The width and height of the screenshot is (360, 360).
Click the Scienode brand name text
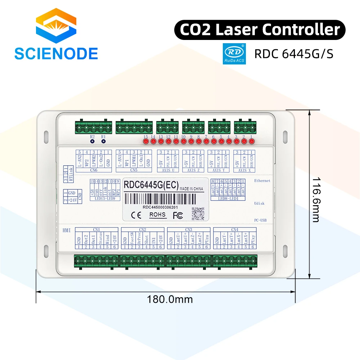[x=56, y=53]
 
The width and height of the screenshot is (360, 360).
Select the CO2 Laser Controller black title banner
[x=260, y=30]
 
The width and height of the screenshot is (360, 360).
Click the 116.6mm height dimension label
[x=316, y=199]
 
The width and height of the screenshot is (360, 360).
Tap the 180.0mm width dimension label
[x=170, y=299]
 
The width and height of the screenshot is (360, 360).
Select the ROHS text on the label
[x=157, y=215]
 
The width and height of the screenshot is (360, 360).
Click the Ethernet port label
[x=262, y=181]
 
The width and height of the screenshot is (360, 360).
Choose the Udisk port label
[x=259, y=203]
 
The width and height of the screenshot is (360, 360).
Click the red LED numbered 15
[x=146, y=141]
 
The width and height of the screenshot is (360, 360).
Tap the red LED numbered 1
[x=252, y=141]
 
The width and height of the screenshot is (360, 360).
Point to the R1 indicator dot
[x=103, y=141]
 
